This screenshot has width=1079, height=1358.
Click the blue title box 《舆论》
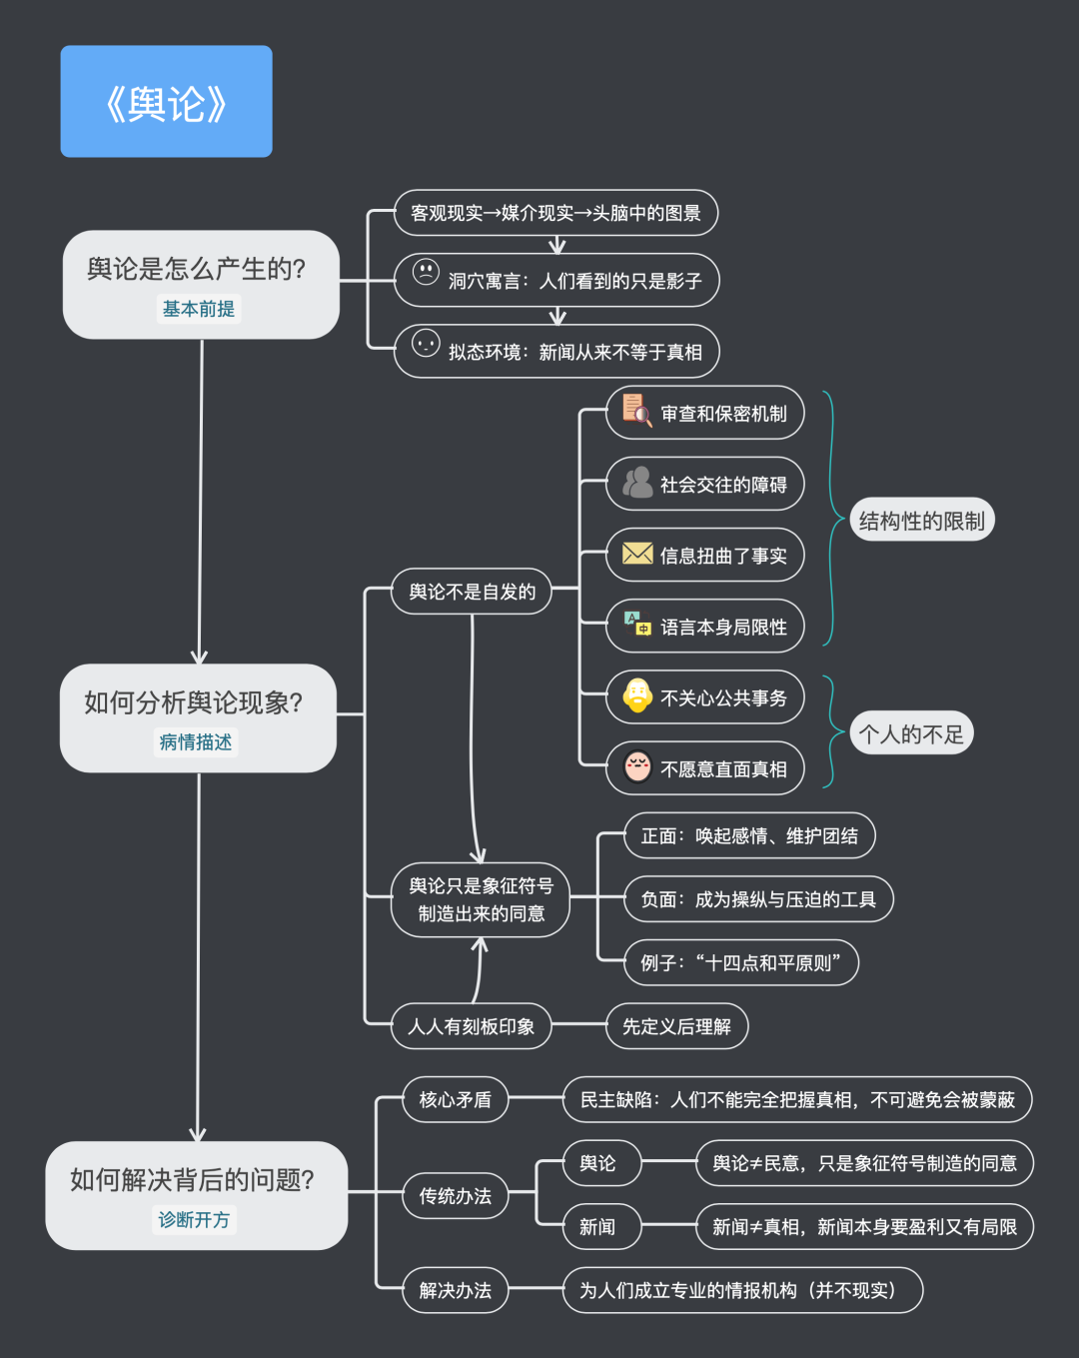[166, 102]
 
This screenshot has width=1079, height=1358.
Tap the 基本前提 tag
[199, 309]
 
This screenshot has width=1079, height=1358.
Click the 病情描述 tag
[196, 742]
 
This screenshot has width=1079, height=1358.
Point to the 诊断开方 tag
[194, 1220]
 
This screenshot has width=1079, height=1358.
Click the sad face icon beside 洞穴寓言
[426, 272]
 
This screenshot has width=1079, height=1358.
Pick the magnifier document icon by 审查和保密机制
[636, 410]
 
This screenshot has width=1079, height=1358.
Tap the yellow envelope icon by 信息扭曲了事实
[637, 554]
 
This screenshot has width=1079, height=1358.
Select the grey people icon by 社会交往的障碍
[637, 483]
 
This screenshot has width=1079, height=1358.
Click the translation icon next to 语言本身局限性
[637, 624]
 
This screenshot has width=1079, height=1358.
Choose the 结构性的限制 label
[921, 521]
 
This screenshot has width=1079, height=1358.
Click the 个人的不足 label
[911, 734]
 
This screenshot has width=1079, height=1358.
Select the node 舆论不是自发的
[472, 592]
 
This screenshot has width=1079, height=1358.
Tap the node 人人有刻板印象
[472, 1026]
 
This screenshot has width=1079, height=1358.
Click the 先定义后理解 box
[676, 1026]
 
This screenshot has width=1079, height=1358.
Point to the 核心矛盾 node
[456, 1099]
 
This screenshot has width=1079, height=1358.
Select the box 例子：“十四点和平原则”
[740, 962]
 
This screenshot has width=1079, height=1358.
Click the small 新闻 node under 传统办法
[597, 1226]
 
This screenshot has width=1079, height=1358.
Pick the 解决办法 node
[456, 1290]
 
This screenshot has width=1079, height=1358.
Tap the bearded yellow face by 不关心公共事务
[637, 695]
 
